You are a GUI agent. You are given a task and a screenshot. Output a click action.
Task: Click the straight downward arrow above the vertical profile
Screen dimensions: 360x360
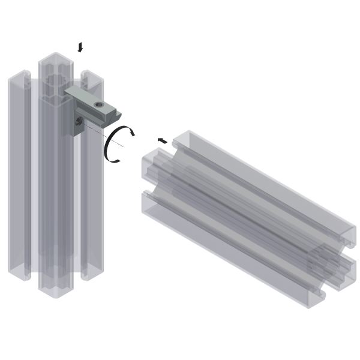[80, 47]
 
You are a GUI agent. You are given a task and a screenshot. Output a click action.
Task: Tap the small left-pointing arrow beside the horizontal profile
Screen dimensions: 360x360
[162, 140]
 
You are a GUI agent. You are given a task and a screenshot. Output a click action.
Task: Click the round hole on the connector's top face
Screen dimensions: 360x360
[100, 106]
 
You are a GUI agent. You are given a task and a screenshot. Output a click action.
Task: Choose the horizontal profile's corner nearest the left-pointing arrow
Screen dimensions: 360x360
[175, 142]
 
